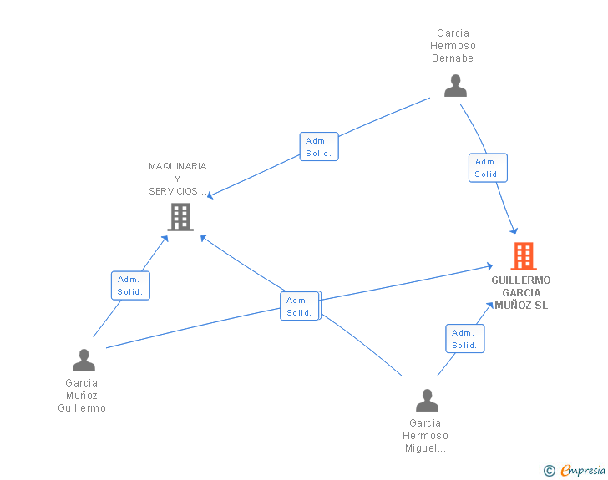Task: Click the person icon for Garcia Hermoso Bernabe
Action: pos(455,86)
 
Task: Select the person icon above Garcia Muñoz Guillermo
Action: pos(84,360)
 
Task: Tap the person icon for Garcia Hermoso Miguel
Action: pos(427,400)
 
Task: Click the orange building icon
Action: pos(524,256)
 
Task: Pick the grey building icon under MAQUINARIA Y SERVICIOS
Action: pos(180,217)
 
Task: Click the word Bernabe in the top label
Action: pos(453,58)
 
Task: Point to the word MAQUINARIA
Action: pos(178,166)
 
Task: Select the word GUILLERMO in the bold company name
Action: pos(521,280)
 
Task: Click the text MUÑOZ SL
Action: pos(521,305)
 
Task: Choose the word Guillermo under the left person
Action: pos(82,408)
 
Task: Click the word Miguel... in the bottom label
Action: pos(425,448)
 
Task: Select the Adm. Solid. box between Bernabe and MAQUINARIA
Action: pos(319,147)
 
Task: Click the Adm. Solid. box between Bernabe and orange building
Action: pos(488,168)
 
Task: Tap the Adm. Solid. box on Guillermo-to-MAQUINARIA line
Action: pos(130,285)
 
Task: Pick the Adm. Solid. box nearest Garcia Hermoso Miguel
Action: pos(464,338)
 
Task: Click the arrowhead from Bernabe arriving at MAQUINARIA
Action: pos(210,196)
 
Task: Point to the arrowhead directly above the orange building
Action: pos(515,231)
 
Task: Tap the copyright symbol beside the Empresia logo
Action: pos(549,471)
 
